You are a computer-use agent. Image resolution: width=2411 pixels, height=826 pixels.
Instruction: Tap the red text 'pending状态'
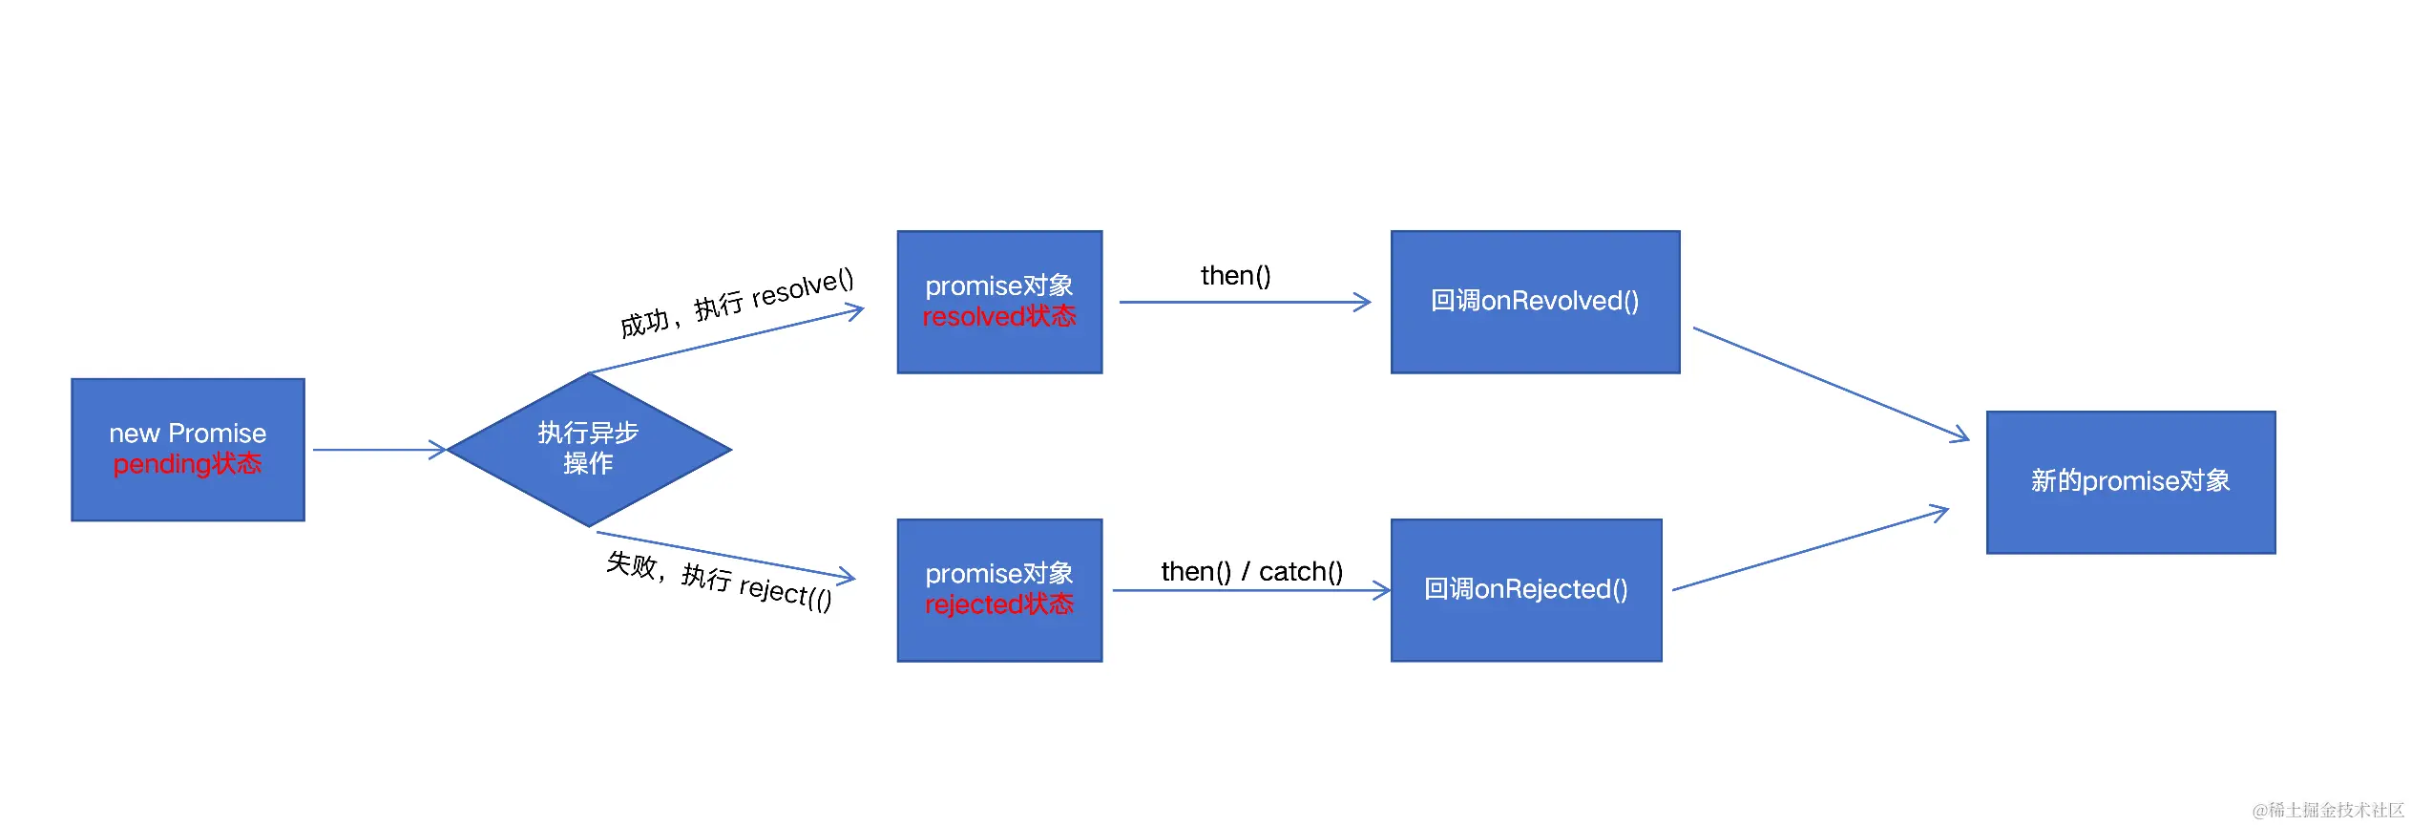pyautogui.click(x=187, y=464)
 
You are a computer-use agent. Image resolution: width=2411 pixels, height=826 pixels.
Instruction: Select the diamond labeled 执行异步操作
pyautogui.click(x=588, y=449)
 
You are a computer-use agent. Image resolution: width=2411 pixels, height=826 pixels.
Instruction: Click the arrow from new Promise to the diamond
pyautogui.click(x=379, y=449)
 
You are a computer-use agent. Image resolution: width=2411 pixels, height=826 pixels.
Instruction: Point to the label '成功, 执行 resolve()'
pyautogui.click(x=736, y=302)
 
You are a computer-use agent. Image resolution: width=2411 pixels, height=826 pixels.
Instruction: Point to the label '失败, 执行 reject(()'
pyautogui.click(x=719, y=580)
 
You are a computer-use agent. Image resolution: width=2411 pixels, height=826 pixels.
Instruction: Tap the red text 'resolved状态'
pyautogui.click(x=999, y=317)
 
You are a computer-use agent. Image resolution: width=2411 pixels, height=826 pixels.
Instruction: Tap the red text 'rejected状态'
pyautogui.click(x=999, y=604)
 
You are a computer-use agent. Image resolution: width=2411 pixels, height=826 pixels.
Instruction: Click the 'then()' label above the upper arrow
pyautogui.click(x=1235, y=276)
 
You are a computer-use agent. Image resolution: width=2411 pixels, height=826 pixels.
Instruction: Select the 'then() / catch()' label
pyautogui.click(x=1251, y=571)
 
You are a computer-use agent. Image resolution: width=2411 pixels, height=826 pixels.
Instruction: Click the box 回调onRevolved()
pyautogui.click(x=1535, y=302)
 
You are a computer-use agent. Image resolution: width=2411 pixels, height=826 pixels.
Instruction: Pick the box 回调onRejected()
pyautogui.click(x=1525, y=590)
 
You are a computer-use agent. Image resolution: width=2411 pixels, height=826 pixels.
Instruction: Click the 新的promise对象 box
pyautogui.click(x=2130, y=481)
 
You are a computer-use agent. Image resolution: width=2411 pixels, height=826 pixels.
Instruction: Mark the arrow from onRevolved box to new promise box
pyautogui.click(x=1831, y=384)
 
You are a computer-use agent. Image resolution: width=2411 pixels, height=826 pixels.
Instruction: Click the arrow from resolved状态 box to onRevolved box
pyautogui.click(x=1244, y=303)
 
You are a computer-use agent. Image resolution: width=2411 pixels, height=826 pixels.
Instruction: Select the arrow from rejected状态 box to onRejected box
pyautogui.click(x=1250, y=591)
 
